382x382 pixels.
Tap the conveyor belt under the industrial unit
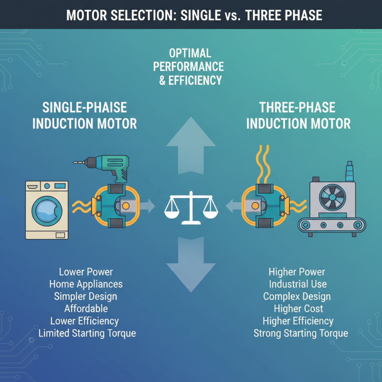[x=332, y=224]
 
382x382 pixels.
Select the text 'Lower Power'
[x=86, y=272]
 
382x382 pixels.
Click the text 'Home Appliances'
[x=86, y=284]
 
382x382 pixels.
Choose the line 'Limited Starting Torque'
[x=87, y=333]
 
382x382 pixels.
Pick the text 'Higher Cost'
[x=298, y=309]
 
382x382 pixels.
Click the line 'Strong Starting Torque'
[x=301, y=333]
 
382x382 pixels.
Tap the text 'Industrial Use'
[x=297, y=284]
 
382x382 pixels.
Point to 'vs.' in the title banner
[x=232, y=16]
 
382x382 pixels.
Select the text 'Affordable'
[x=86, y=308]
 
